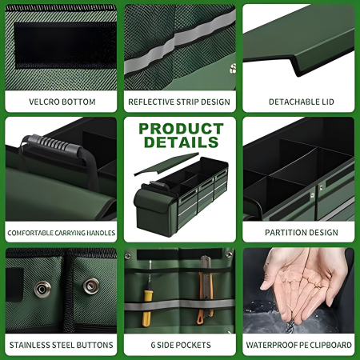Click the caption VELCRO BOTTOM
click(x=62, y=102)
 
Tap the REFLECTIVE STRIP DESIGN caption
click(x=179, y=102)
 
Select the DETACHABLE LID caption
click(x=298, y=102)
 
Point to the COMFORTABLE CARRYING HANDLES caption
click(x=62, y=234)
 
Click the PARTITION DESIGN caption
click(x=298, y=234)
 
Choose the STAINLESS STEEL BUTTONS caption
click(x=62, y=346)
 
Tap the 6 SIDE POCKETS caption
click(x=179, y=346)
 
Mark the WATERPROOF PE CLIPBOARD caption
click(x=298, y=346)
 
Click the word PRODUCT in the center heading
click(x=179, y=128)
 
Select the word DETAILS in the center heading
click(x=179, y=142)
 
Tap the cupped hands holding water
click(x=296, y=284)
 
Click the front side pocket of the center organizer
click(x=152, y=207)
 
